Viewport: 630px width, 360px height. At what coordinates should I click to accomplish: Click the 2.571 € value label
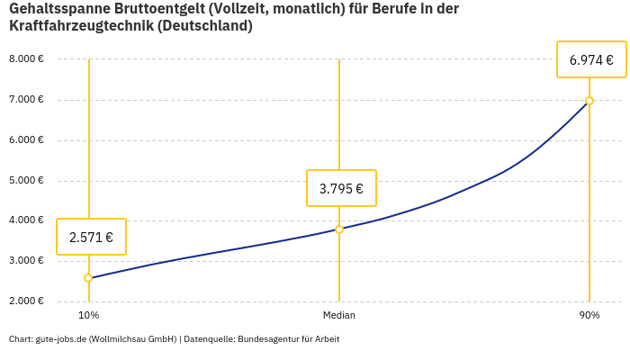[x=91, y=238]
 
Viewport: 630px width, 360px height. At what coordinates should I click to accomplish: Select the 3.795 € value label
[x=341, y=189]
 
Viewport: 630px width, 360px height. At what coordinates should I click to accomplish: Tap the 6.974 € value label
[x=591, y=61]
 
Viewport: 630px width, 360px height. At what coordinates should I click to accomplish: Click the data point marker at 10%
[x=88, y=278]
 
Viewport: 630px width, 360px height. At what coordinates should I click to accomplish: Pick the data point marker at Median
[x=339, y=229]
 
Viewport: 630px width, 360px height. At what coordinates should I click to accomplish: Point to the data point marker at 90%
[x=589, y=101]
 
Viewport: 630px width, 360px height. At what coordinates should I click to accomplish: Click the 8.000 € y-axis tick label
[x=26, y=59]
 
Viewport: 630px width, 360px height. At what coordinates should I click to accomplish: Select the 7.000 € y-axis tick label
[x=26, y=100]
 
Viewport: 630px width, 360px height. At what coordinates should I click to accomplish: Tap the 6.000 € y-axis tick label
[x=26, y=140]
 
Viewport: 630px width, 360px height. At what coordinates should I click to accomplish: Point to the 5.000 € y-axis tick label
[x=26, y=180]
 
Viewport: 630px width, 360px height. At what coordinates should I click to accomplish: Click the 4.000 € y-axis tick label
[x=26, y=220]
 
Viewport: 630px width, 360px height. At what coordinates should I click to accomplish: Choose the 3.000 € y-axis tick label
[x=26, y=261]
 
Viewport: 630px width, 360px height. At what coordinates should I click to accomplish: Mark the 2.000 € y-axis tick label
[x=26, y=301]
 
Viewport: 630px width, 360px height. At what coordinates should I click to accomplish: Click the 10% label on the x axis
[x=88, y=316]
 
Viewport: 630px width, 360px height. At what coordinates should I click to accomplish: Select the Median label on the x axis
[x=339, y=316]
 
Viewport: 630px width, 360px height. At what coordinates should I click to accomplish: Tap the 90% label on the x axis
[x=589, y=316]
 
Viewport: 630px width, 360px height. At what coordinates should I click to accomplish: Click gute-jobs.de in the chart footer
[x=60, y=339]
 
